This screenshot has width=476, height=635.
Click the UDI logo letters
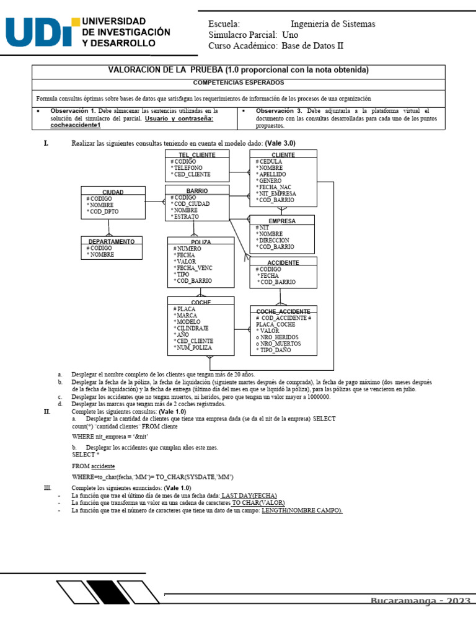40,33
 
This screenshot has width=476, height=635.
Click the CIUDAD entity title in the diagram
112,192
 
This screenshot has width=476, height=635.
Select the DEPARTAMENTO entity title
112,241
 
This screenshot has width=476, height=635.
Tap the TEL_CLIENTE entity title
196,154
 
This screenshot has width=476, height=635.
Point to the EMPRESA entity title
281,221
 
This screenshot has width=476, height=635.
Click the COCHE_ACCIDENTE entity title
283,311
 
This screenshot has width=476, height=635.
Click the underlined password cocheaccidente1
75,125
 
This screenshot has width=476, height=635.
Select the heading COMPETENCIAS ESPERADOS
238,82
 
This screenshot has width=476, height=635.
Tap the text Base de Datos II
312,46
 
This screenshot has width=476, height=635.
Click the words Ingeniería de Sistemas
333,24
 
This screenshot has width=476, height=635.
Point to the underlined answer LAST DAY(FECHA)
249,495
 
